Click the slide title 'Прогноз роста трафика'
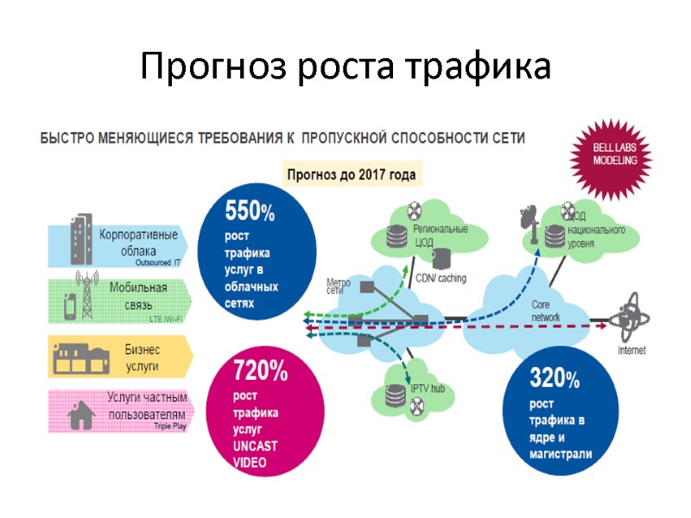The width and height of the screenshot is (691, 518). point(345,66)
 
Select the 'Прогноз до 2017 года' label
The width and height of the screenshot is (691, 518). point(352,174)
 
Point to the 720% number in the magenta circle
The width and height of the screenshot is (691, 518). point(260,373)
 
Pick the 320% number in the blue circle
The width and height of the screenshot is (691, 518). point(554,377)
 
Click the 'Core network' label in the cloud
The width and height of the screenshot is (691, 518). point(546,311)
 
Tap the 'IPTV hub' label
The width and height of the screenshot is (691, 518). point(426,388)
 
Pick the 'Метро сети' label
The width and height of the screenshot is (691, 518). point(338,286)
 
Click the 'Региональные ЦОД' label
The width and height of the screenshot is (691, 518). point(440,235)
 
